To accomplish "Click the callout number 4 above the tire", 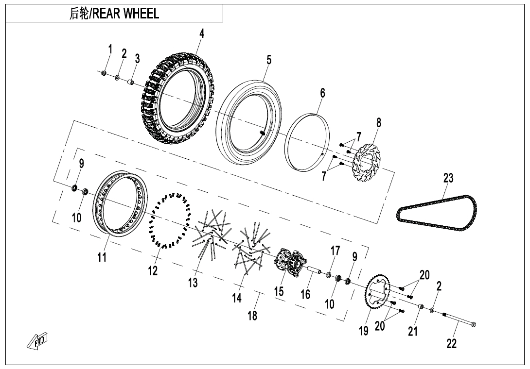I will coord(202,33).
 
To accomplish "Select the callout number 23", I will coord(448,178).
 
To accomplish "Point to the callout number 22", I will coord(452,344).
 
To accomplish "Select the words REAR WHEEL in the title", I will coord(126,14).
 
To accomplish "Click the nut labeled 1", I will coord(104,73).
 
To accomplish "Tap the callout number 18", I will coord(252,316).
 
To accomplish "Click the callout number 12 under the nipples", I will coord(153,271).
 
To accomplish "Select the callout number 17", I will coord(335,251).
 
